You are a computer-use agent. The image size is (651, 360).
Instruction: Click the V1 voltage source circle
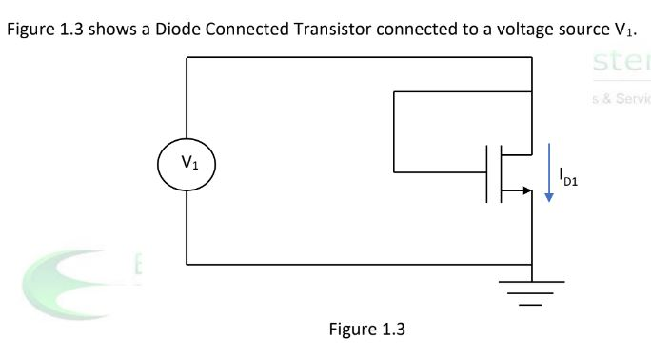click(187, 161)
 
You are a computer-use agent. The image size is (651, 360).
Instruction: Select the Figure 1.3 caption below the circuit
click(366, 330)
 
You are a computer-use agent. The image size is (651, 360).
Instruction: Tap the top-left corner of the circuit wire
click(187, 58)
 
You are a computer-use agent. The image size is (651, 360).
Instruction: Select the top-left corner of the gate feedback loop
click(393, 92)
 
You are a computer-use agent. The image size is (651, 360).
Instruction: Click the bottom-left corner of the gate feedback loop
click(393, 172)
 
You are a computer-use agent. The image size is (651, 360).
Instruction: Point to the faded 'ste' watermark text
click(619, 65)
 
